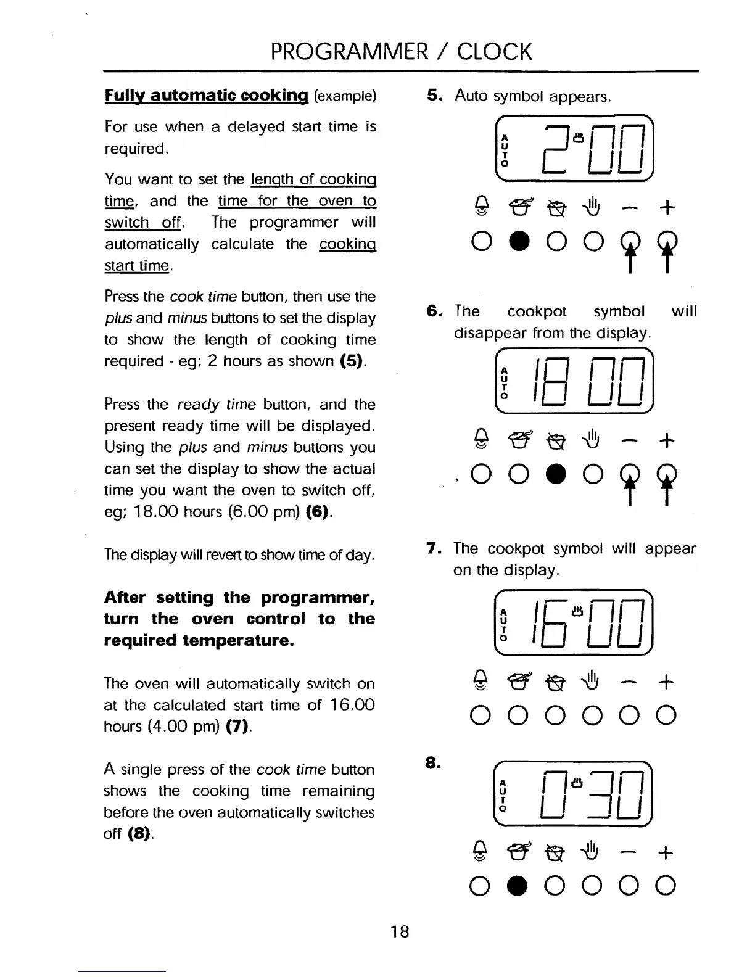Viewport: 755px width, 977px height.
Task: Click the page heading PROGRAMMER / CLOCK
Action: click(x=401, y=52)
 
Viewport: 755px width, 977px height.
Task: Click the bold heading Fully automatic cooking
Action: click(x=206, y=96)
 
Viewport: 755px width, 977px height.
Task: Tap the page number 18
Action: click(x=400, y=931)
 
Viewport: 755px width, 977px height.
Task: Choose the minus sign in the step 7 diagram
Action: click(x=629, y=682)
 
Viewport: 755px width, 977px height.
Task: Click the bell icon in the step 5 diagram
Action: click(x=482, y=208)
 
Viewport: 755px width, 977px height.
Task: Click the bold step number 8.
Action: click(x=433, y=764)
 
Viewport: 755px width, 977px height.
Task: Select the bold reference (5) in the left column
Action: click(x=352, y=361)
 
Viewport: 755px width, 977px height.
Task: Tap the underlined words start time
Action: click(x=136, y=266)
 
